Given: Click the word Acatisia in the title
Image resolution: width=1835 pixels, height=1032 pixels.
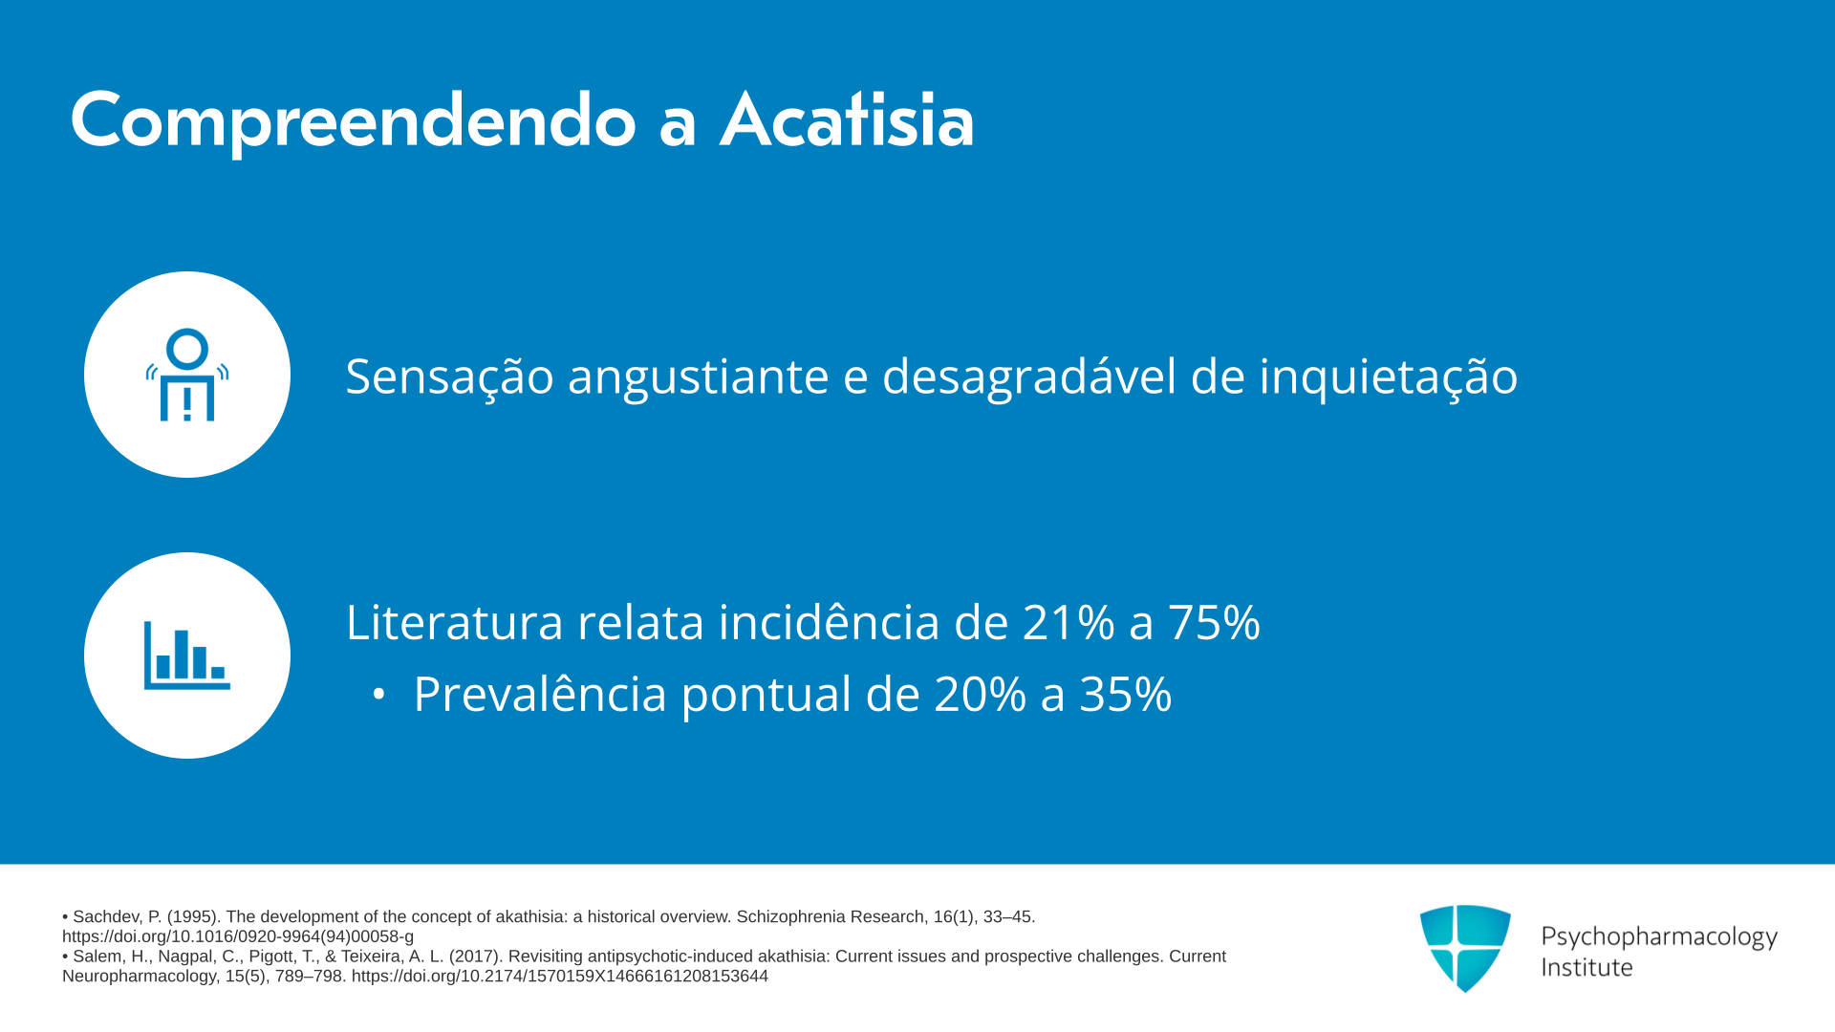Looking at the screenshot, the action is coord(847,120).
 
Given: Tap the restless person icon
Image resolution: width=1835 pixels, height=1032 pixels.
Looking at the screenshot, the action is coord(187,375).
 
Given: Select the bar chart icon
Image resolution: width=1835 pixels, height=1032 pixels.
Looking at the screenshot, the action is coord(187,656).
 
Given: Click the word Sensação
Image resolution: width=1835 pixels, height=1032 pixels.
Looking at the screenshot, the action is coord(449,376).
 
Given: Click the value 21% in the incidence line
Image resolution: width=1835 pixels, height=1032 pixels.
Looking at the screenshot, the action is coord(1069,623).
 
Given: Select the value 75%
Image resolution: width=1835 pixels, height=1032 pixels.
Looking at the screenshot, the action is coord(1214,623).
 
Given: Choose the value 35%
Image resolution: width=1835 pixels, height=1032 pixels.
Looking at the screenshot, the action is coord(1126,695).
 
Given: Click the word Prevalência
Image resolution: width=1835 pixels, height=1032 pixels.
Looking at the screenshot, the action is coord(540,695).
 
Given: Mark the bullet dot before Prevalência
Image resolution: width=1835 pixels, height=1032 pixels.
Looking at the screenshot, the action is coord(378,696).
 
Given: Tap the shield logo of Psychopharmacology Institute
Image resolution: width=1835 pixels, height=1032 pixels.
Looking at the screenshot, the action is coord(1465,948).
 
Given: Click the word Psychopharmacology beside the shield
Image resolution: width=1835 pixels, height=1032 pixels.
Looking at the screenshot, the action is coord(1659,937).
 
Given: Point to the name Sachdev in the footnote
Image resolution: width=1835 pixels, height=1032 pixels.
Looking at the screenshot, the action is coord(106,917).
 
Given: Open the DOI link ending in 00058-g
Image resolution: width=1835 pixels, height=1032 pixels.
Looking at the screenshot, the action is coord(238,937).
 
